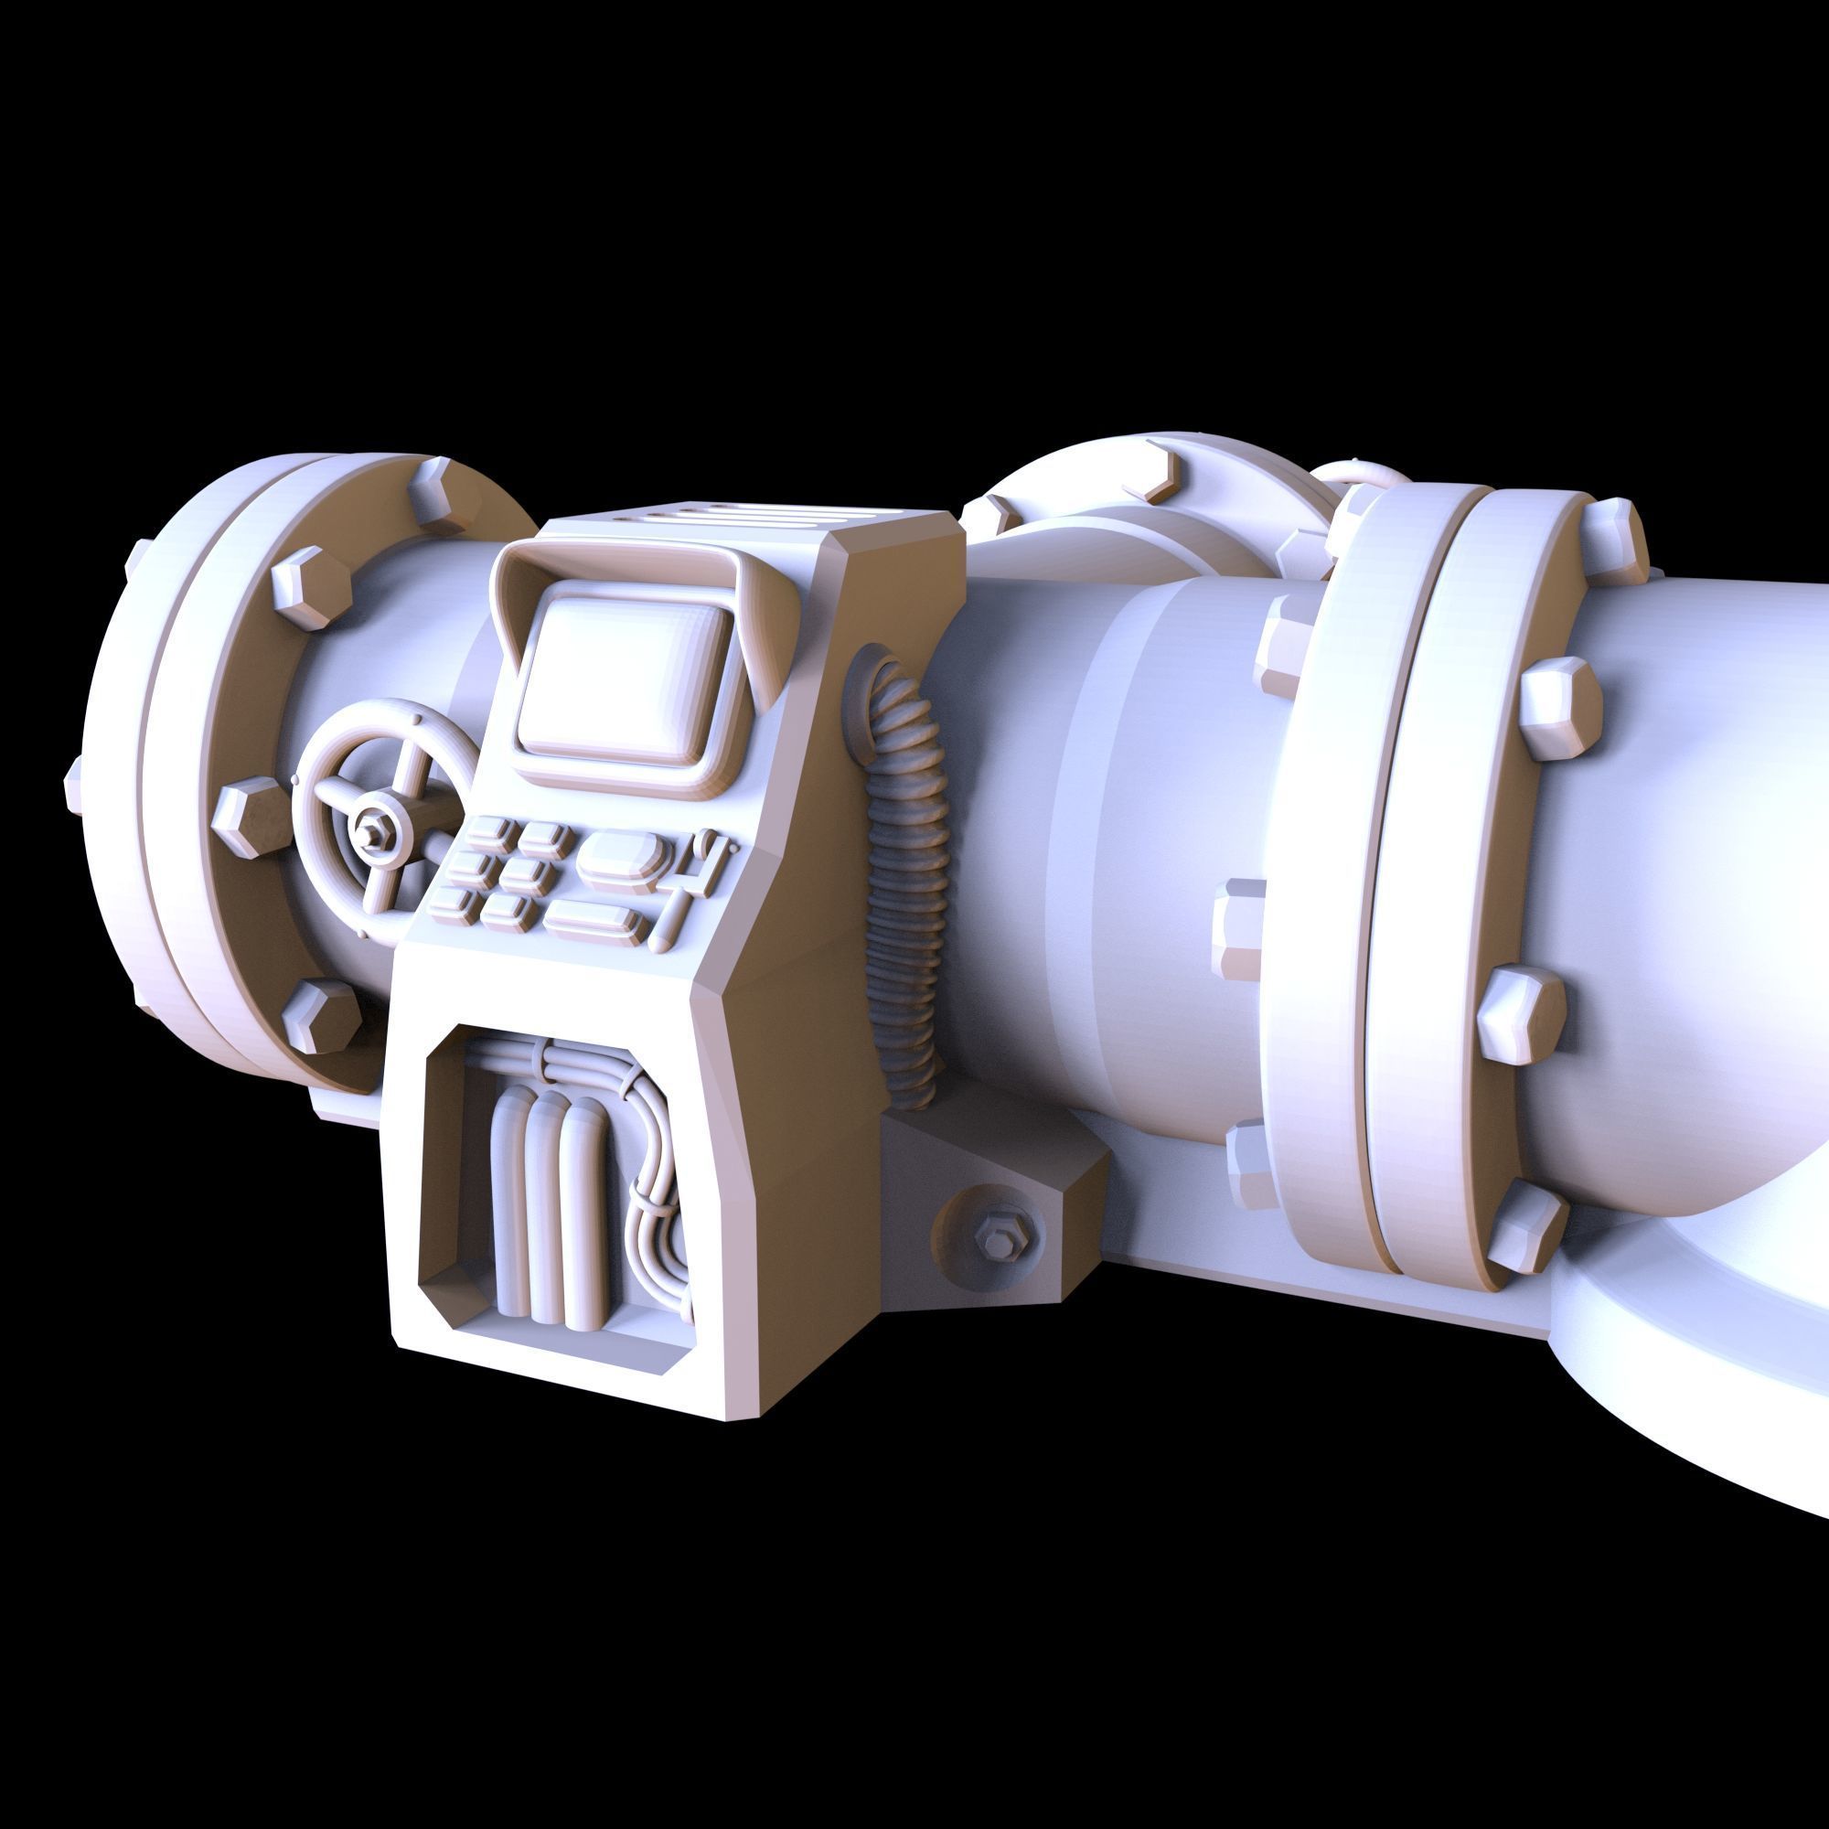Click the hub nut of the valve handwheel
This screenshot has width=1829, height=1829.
point(367,830)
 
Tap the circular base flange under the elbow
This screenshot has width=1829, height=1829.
point(1685,1401)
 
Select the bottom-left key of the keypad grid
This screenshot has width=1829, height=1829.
point(450,904)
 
